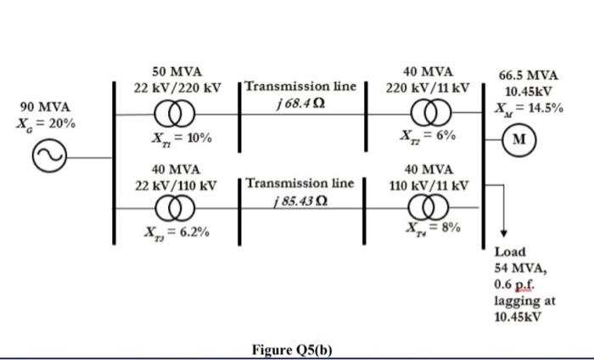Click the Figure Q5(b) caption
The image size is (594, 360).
[x=296, y=349]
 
